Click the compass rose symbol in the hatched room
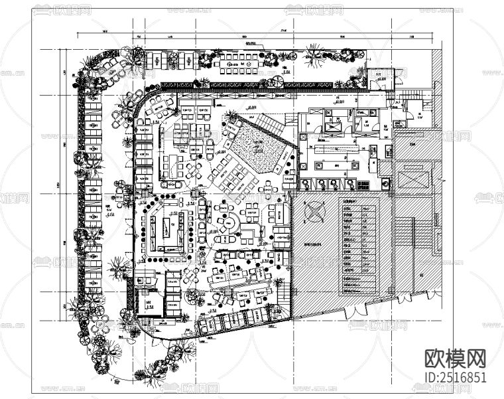(314, 212)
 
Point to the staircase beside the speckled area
(270, 122)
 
